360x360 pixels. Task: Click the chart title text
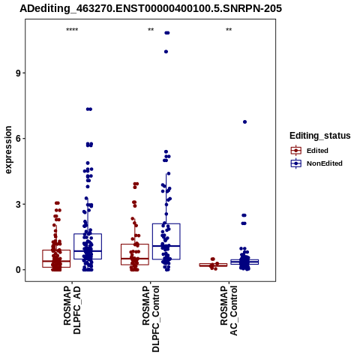tap(151, 8)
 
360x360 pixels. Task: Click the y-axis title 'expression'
tap(8, 150)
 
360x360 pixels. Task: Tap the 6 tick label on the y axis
tap(19, 139)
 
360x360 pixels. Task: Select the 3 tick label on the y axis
tap(19, 204)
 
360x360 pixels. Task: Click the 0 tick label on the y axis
tap(19, 270)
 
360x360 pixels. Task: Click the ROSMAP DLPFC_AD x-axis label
tap(72, 310)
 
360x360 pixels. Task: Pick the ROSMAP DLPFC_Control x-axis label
tap(151, 319)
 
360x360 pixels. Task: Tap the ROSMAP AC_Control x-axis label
tap(229, 310)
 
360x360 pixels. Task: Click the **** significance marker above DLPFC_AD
tap(72, 30)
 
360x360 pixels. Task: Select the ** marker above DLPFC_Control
tap(151, 30)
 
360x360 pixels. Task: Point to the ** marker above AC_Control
tap(229, 30)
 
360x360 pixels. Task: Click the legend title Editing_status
tap(320, 136)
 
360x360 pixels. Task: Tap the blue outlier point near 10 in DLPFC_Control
tap(166, 52)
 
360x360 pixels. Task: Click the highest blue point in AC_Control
tap(244, 122)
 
